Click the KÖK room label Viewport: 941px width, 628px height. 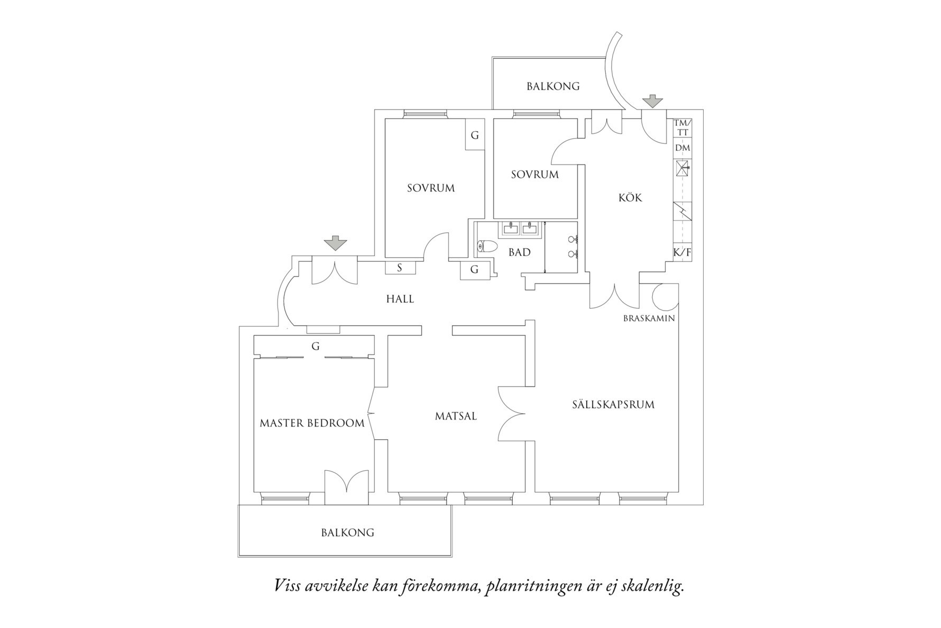point(630,198)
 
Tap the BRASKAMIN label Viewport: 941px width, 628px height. point(649,318)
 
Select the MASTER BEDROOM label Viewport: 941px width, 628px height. point(312,423)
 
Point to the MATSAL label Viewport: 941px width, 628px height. point(456,416)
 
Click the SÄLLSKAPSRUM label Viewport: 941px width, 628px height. point(613,405)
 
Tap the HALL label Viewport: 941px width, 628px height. point(400,299)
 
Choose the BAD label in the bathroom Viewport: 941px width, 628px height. point(519,252)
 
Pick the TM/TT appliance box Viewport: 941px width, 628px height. point(681,128)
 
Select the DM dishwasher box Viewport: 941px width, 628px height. point(682,148)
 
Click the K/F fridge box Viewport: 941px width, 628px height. point(681,252)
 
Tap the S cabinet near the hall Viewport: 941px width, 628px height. point(400,268)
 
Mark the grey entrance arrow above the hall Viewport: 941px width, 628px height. point(335,244)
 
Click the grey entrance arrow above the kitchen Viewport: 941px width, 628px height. point(654,101)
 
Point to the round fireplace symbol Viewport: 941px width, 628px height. point(665,297)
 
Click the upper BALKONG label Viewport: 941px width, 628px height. point(553,86)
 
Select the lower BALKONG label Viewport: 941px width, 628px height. point(347,533)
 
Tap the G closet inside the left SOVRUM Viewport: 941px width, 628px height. point(475,135)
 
